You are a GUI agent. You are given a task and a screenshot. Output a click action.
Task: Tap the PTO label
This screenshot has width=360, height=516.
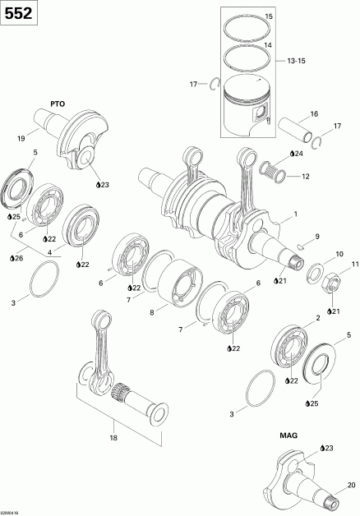point(55,104)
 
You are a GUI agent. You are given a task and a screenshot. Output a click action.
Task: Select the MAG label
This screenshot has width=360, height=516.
point(288,436)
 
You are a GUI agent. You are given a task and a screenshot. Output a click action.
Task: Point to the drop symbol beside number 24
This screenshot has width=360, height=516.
point(288,154)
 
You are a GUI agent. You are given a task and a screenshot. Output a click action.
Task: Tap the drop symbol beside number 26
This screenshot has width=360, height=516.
point(12,258)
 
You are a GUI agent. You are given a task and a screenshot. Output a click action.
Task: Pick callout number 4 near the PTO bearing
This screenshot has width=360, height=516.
point(50,251)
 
